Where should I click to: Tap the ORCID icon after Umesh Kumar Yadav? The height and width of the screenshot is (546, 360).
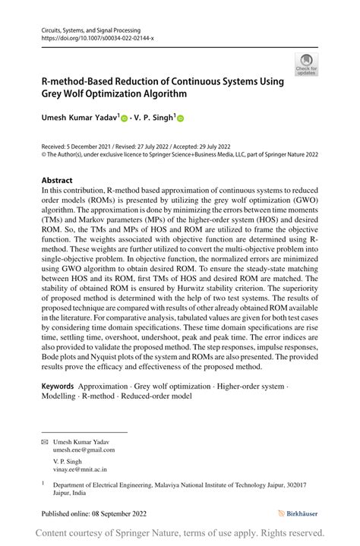123,118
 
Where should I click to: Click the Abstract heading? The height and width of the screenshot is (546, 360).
58,181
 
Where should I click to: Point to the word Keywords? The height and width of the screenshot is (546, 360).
58,387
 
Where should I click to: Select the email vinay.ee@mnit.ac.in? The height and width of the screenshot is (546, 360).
79,470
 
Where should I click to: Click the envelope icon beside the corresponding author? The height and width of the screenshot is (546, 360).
44,440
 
